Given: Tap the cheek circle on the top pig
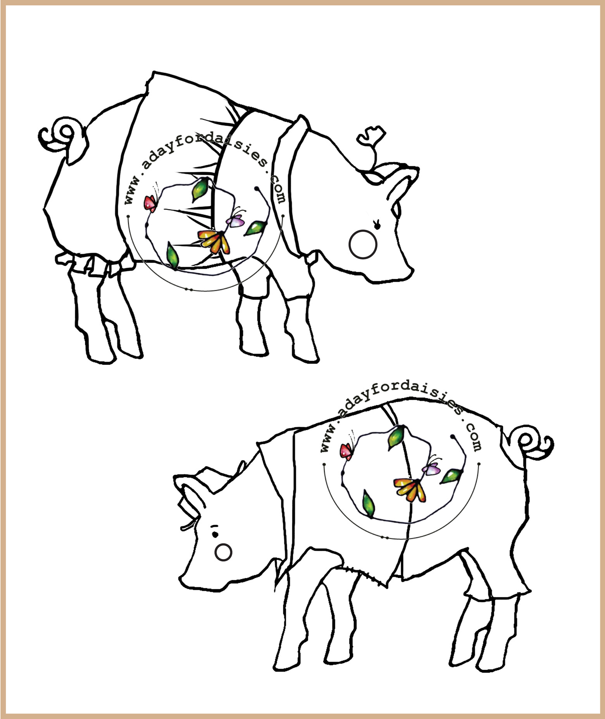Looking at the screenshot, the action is (363, 244).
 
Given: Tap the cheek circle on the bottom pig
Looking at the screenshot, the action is (223, 552).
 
